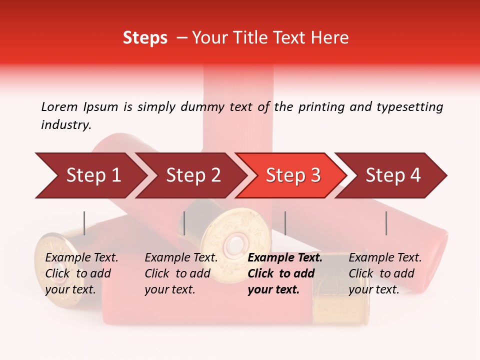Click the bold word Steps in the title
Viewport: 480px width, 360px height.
click(145, 38)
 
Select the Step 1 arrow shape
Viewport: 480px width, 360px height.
click(90, 175)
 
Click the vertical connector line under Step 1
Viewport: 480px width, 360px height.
click(84, 223)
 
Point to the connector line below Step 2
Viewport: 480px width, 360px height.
click(184, 223)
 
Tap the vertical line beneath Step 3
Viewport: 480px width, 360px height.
click(285, 223)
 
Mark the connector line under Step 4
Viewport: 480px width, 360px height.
click(386, 223)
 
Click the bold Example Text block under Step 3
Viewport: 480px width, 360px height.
click(285, 273)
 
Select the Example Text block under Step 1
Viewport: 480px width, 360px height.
click(81, 273)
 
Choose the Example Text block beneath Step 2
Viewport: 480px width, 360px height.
click(181, 273)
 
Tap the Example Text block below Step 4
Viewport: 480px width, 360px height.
click(385, 273)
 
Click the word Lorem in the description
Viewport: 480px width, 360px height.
click(59, 106)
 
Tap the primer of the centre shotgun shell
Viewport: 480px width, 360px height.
click(233, 245)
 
